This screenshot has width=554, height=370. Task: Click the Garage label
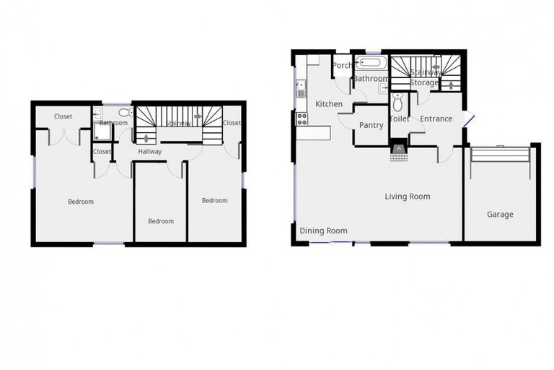point(500,215)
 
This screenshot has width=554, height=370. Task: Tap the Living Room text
point(407,197)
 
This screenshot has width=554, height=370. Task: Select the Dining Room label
point(323,231)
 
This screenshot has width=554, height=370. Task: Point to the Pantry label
point(371,125)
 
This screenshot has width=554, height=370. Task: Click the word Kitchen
point(329,104)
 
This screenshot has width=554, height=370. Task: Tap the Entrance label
point(436,119)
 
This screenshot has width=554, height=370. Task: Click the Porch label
point(342,66)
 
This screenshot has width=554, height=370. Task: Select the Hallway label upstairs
point(150,152)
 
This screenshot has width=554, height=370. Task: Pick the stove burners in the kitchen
point(302,119)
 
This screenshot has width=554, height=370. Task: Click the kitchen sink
point(301,89)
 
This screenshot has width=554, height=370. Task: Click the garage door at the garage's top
point(500,147)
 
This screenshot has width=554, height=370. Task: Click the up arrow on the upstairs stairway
point(149,137)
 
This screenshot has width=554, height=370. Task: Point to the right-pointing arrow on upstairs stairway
point(198,116)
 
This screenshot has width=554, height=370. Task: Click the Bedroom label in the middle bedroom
point(161,221)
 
